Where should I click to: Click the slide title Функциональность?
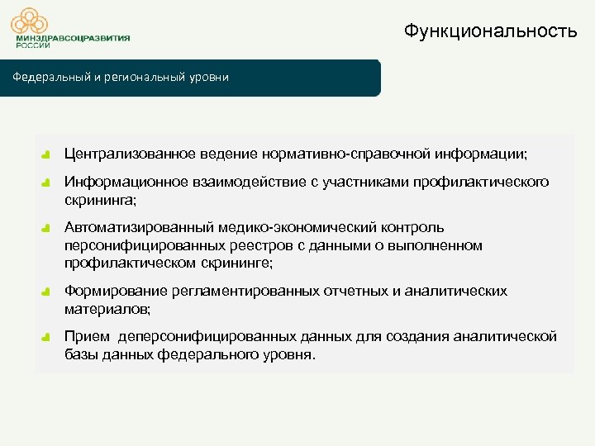[490, 31]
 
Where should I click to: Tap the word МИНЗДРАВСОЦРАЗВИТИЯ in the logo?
[72, 39]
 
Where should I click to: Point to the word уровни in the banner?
[209, 78]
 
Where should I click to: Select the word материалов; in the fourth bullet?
[107, 310]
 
